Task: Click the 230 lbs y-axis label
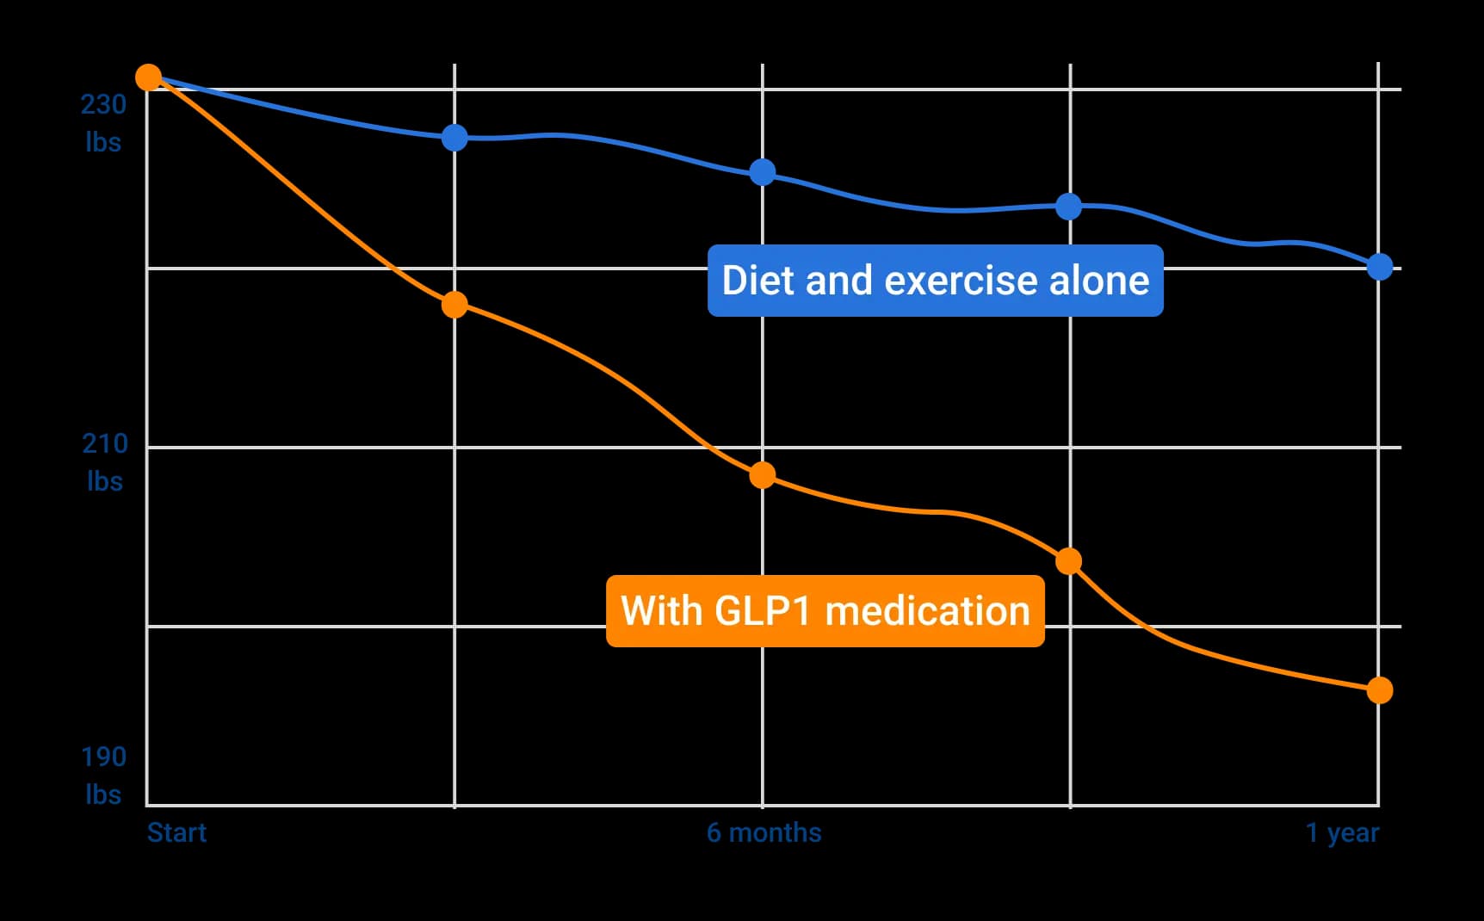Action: (x=103, y=123)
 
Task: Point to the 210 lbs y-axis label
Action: (x=104, y=462)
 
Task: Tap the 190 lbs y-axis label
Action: (x=103, y=775)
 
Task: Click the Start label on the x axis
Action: (x=176, y=833)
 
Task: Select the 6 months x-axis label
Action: (x=764, y=833)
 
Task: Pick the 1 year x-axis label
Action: (x=1342, y=833)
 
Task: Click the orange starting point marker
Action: (x=149, y=77)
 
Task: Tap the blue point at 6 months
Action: (x=762, y=172)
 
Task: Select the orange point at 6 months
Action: (x=762, y=475)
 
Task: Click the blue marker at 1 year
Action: (x=1379, y=267)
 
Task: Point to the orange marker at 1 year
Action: (x=1379, y=690)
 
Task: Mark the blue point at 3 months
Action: (x=454, y=138)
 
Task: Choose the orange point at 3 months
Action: (x=454, y=305)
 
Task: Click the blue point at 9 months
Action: (x=1068, y=207)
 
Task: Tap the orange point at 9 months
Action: (x=1068, y=561)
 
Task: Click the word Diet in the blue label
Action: (x=754, y=281)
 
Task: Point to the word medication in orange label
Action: (x=927, y=611)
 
